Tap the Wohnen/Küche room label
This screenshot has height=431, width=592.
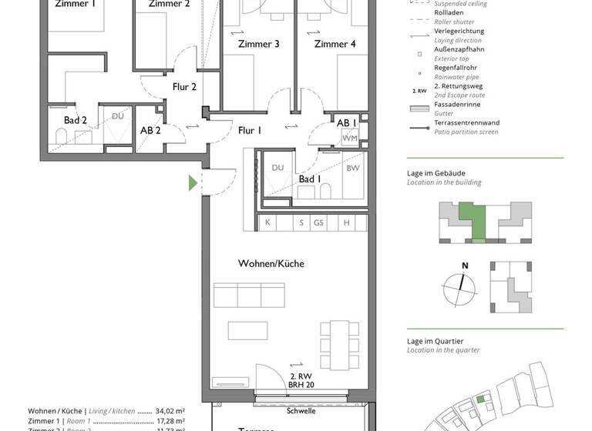[x=271, y=263]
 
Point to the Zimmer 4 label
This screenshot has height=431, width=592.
[x=335, y=44]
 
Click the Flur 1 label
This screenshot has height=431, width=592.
[x=250, y=130]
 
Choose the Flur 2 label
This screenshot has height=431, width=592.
[x=183, y=87]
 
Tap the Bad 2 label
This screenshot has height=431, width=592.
[x=75, y=120]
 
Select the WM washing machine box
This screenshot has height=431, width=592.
[x=350, y=138]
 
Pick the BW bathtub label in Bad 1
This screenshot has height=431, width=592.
[x=352, y=168]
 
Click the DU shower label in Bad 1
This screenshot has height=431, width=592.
[x=278, y=168]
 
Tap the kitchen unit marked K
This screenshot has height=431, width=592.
[x=267, y=222]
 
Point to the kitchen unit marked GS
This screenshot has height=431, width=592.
[x=318, y=222]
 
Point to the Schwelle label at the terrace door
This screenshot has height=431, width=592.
[x=301, y=411]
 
